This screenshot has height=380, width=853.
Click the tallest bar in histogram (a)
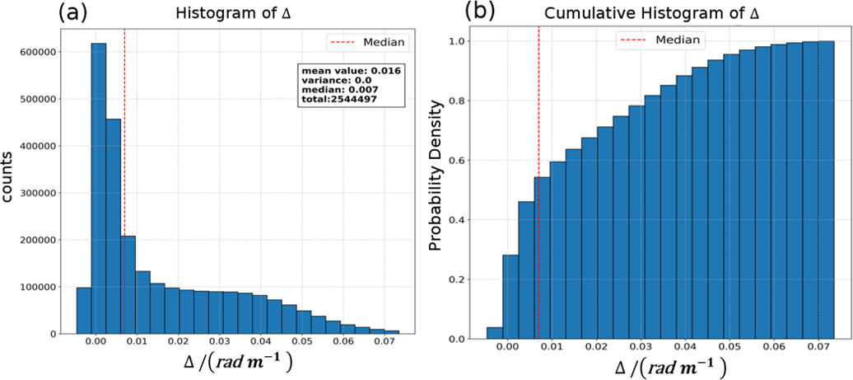(x=98, y=189)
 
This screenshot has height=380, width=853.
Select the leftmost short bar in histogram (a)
(x=83, y=311)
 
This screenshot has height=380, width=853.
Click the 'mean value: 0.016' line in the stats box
(x=350, y=71)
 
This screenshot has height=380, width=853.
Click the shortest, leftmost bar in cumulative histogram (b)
(x=494, y=333)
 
